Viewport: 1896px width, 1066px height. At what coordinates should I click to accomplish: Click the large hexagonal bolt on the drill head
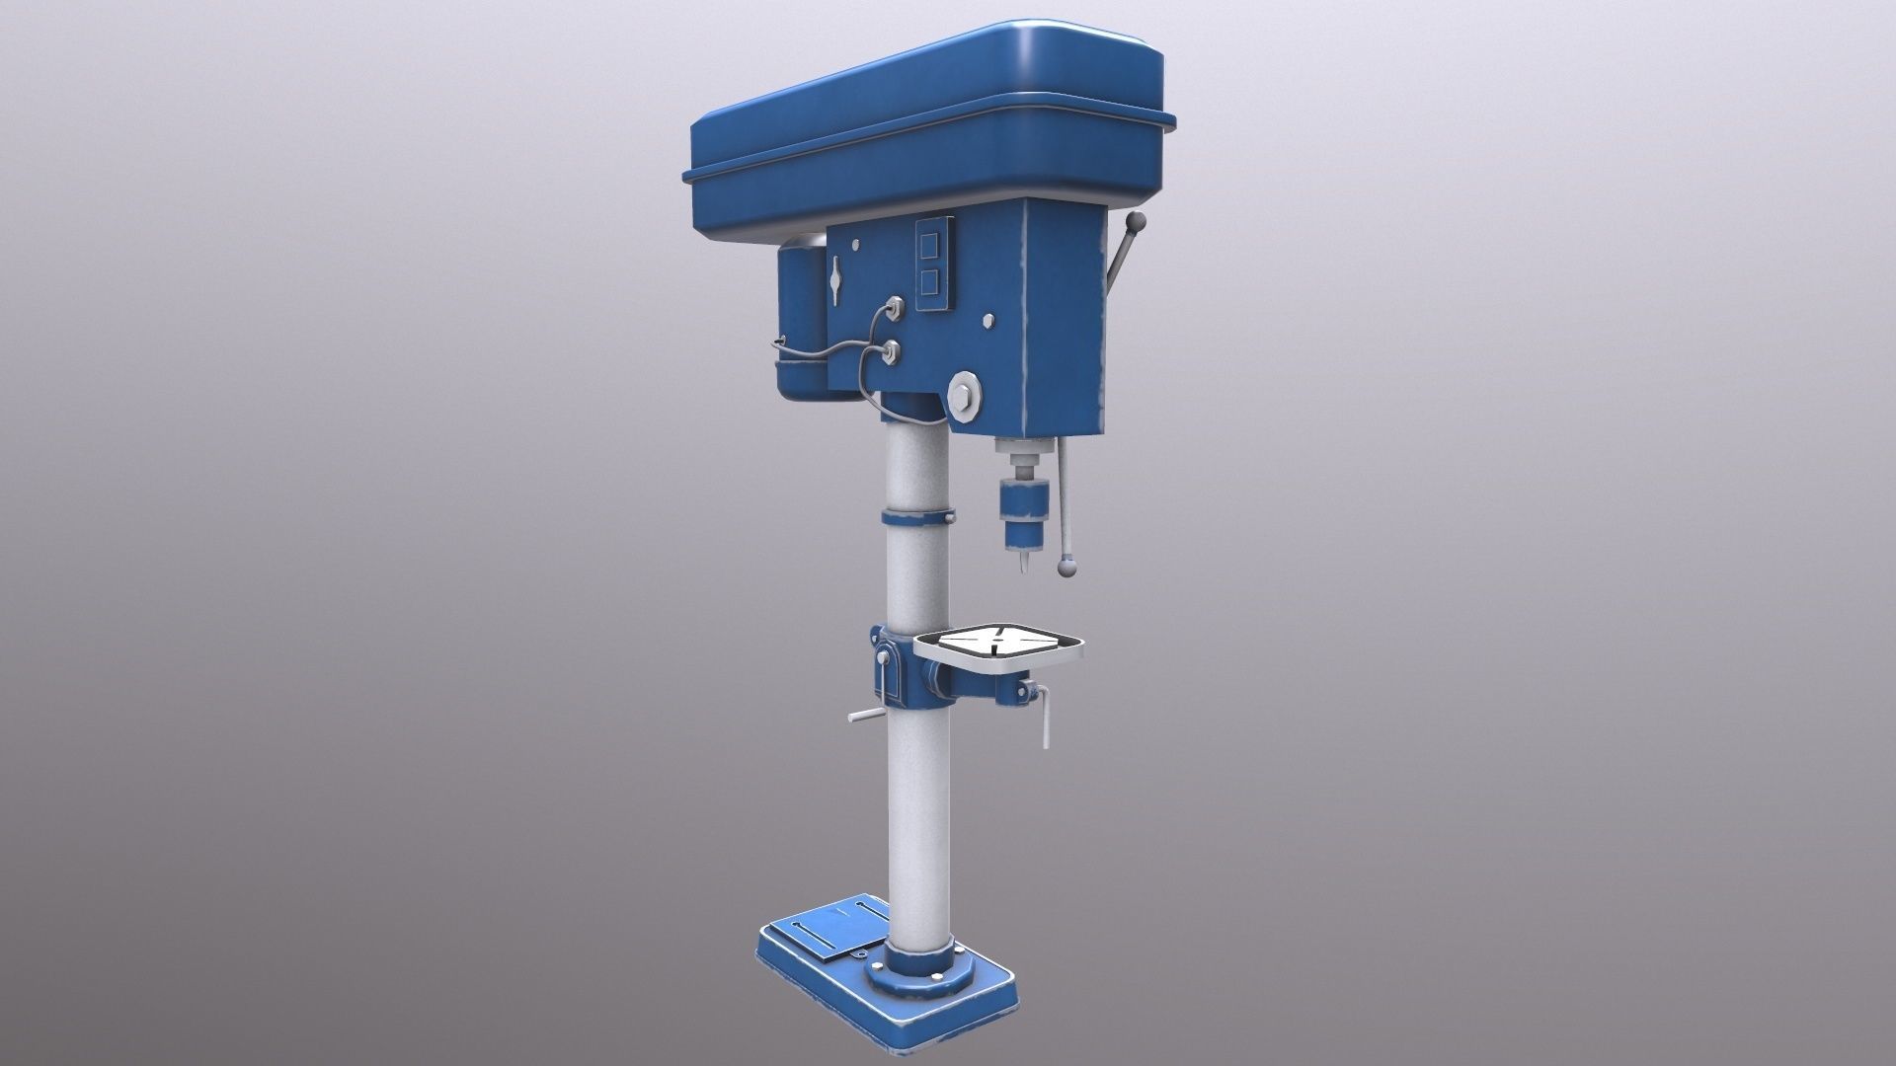pos(964,395)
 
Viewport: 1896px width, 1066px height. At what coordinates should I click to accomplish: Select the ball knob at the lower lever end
pos(1066,567)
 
